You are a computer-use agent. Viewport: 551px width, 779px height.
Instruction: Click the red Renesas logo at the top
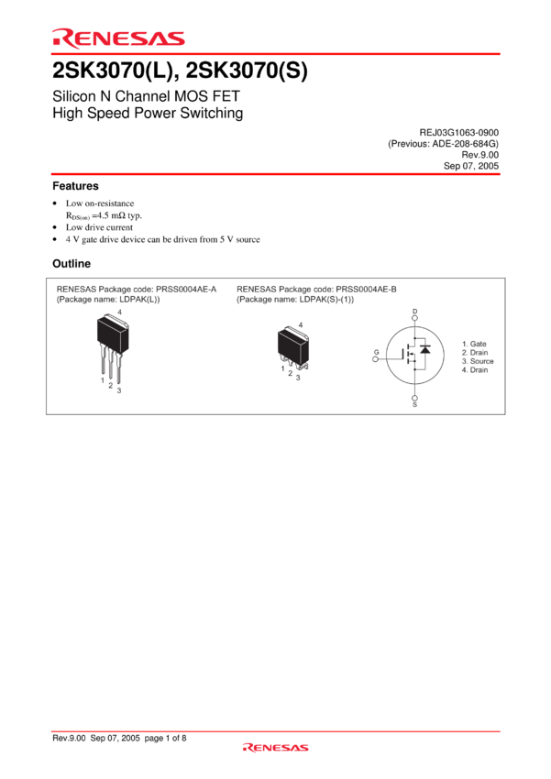[119, 38]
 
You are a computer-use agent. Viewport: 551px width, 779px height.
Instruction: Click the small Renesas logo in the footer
[276, 747]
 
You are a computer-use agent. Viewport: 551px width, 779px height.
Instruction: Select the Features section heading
[75, 186]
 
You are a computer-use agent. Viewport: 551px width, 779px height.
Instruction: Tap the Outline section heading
[72, 263]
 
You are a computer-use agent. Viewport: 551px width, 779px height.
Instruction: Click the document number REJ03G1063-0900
[459, 133]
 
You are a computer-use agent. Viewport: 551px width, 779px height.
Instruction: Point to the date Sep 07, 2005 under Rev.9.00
[471, 166]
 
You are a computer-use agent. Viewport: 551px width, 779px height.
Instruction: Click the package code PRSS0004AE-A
[186, 289]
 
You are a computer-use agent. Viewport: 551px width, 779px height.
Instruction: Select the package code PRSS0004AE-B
[366, 289]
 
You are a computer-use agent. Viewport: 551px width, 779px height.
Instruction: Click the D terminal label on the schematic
[415, 312]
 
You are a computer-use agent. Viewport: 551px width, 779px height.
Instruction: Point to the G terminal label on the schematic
[376, 352]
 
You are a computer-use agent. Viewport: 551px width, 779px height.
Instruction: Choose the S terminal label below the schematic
[415, 405]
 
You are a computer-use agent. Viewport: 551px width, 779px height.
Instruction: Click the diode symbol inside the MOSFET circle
[425, 349]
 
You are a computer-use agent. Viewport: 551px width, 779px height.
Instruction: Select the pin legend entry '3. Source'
[478, 361]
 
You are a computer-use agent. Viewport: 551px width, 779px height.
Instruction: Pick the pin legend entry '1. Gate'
[474, 344]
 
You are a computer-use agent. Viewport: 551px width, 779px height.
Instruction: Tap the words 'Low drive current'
[99, 227]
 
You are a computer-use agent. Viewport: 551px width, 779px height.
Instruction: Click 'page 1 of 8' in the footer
[165, 739]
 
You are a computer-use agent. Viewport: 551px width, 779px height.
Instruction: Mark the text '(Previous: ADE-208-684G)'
[443, 144]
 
